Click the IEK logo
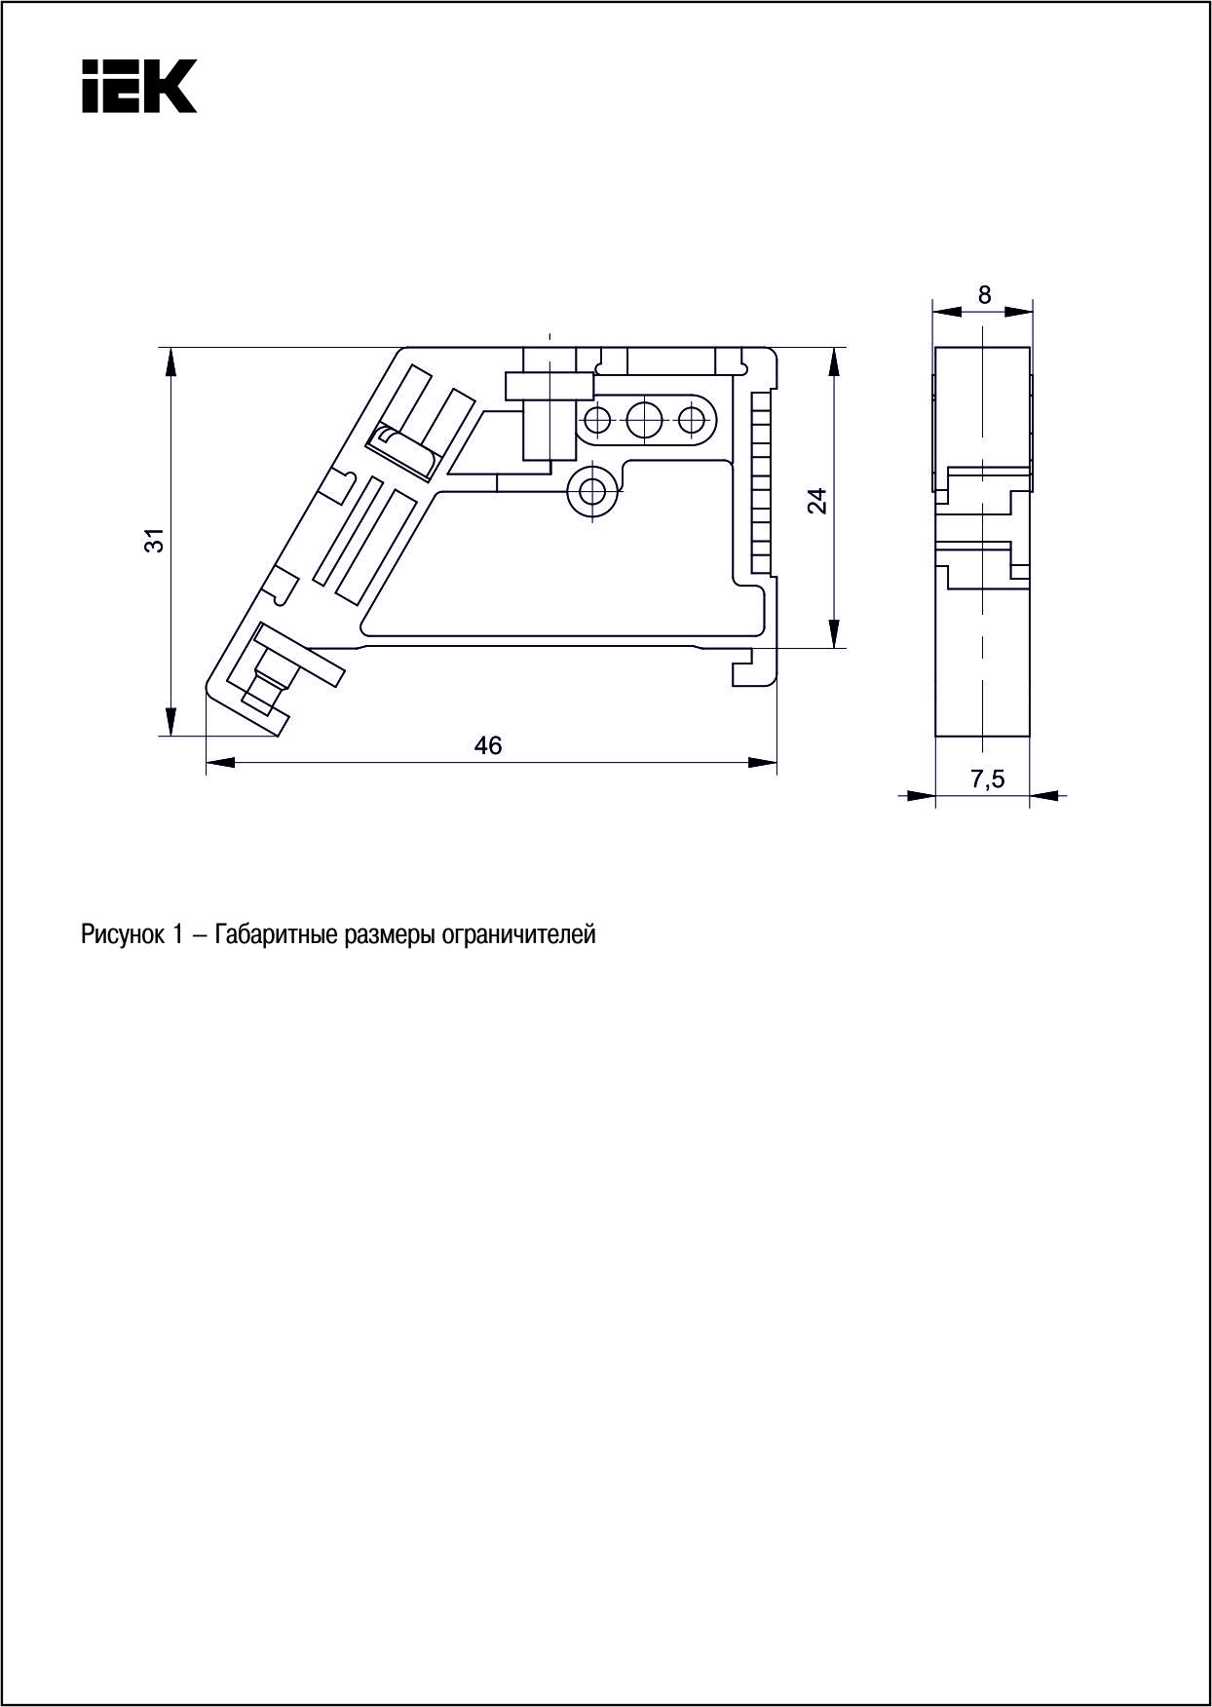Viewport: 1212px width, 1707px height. (139, 86)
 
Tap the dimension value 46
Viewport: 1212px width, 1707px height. (488, 745)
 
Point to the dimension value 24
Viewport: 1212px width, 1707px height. (817, 501)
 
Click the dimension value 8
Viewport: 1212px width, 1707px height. (985, 294)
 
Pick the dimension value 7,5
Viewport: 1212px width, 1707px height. (987, 778)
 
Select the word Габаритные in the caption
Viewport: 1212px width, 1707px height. (275, 935)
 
